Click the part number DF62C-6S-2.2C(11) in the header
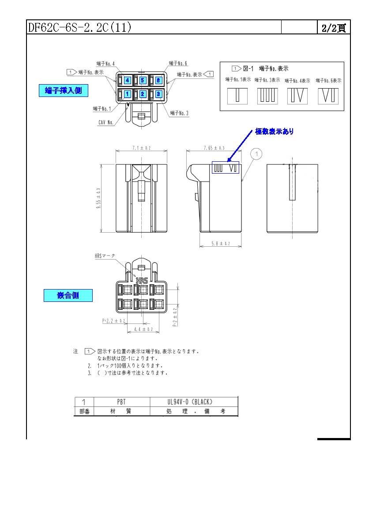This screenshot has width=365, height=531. pos(79,27)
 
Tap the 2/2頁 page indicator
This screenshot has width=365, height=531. pos(333,28)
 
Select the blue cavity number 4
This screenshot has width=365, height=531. pos(127,80)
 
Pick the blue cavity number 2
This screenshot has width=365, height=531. pos(143,94)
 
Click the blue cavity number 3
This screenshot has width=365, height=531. pos(158,93)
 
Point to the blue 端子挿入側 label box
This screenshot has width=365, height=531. pos(63,91)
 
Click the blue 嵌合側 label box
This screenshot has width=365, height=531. pos(68,295)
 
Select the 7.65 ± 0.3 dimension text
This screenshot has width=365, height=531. pos(214,149)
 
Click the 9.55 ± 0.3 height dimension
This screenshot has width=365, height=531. pos(98,198)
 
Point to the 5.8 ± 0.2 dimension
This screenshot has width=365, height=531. pos(220,243)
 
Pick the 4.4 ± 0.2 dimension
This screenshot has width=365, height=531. pos(143,329)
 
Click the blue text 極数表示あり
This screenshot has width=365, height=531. pos(274,131)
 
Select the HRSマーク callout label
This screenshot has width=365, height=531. pos(105,256)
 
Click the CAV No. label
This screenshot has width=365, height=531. pos(106,123)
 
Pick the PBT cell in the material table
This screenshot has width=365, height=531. pos(121,402)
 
